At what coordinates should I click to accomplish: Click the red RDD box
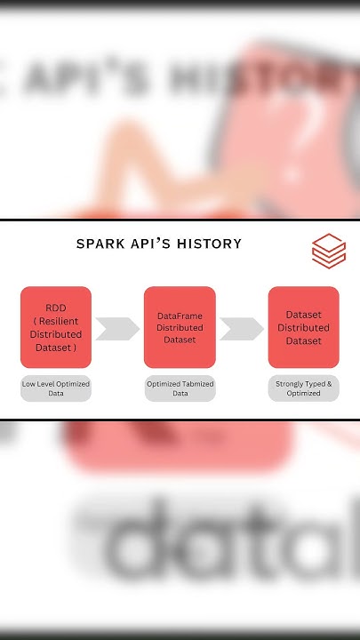[56, 327]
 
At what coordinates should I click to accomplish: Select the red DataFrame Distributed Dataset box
[180, 327]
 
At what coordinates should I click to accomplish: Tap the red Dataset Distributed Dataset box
[303, 327]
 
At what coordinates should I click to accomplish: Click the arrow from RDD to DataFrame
[116, 328]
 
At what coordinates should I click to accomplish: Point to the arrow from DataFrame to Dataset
[241, 328]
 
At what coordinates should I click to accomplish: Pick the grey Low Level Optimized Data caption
[56, 388]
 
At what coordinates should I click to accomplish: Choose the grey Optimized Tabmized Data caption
[180, 388]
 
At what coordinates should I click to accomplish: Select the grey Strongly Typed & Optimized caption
[303, 388]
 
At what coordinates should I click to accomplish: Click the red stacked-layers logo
[329, 250]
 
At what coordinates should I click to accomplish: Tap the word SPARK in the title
[100, 244]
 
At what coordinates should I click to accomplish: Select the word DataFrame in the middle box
[180, 316]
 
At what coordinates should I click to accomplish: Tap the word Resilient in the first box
[60, 320]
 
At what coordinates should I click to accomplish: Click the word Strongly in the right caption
[290, 383]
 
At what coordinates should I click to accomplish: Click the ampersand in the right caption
[329, 383]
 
